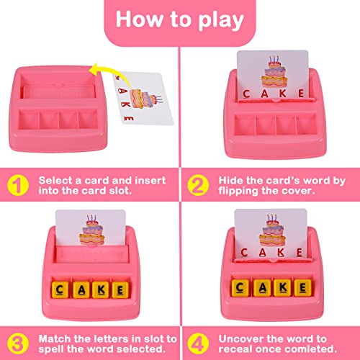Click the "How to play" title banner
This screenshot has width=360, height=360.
coord(179,19)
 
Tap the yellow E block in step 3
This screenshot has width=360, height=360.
coord(116,289)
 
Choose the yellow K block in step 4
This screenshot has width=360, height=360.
coord(276,288)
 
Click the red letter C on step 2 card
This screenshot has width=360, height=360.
coord(246,93)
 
